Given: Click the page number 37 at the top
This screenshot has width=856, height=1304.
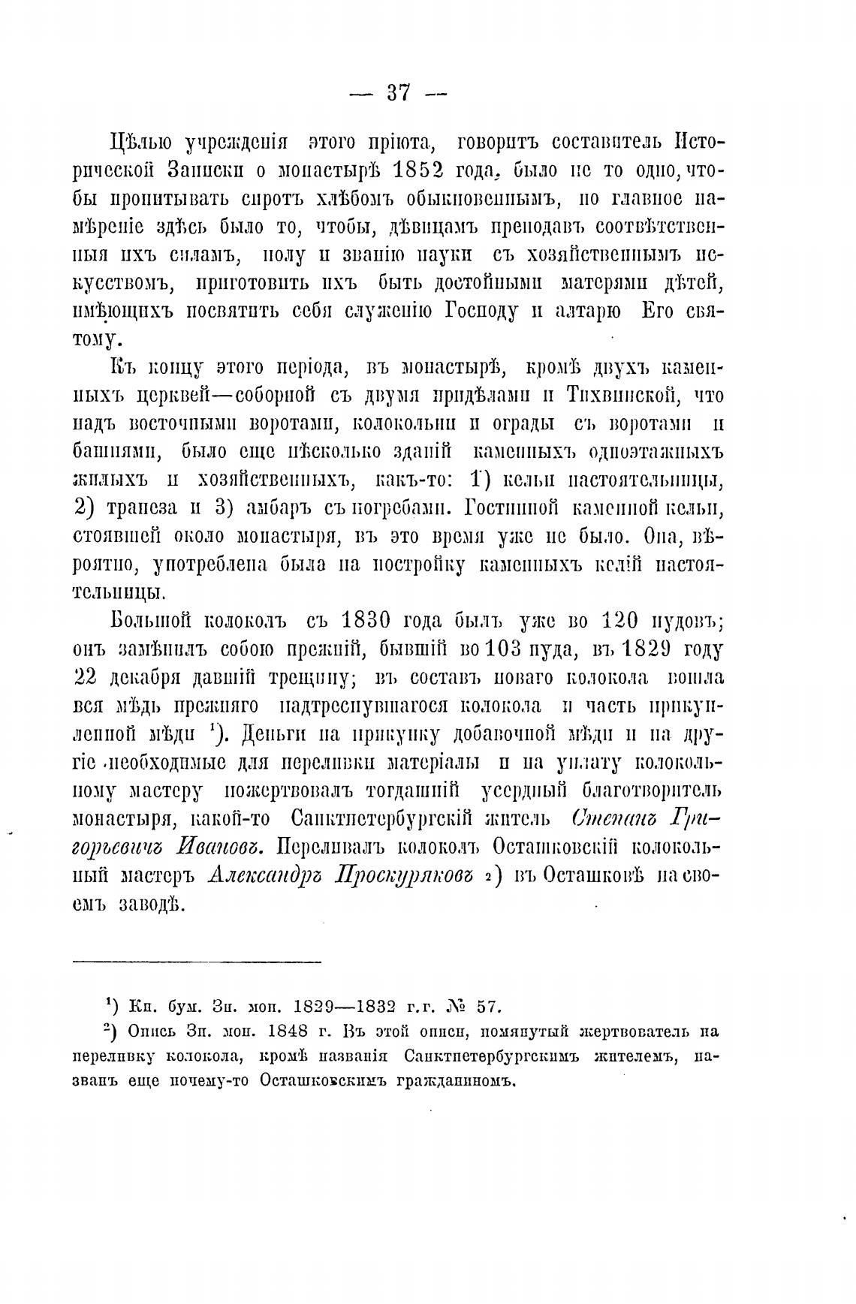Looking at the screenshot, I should point(398,93).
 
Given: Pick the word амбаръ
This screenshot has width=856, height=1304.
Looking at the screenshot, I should point(276,507).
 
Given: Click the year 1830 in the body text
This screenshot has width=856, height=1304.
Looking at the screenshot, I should point(363,621).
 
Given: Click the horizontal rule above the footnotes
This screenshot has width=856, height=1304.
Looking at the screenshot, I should point(197,961).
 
